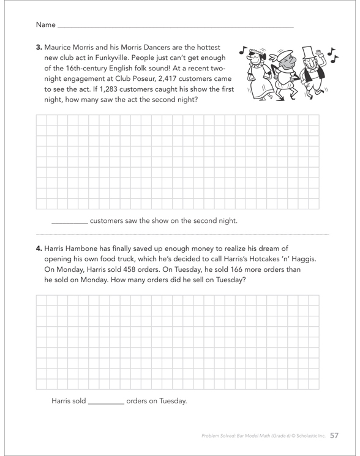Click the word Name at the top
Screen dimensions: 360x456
[x=46, y=24]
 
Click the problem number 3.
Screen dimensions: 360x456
[x=39, y=47]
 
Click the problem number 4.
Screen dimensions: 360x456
[x=39, y=249]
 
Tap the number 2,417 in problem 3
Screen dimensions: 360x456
[x=168, y=79]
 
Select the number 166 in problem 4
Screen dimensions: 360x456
[x=236, y=269]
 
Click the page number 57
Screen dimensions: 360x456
[x=334, y=435]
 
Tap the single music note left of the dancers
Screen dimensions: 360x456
[x=243, y=50]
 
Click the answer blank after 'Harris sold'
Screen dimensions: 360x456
[x=106, y=403]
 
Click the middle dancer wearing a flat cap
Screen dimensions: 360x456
[x=284, y=76]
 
